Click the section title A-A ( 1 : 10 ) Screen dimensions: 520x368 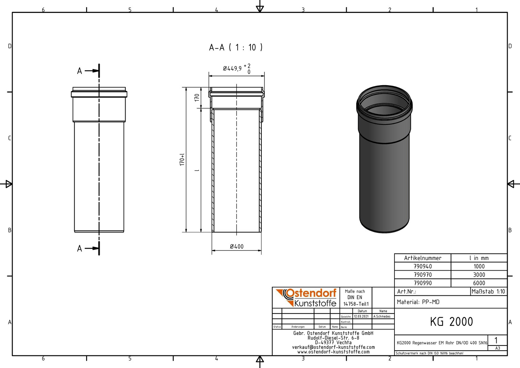[235, 47]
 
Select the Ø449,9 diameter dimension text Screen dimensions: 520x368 [232, 68]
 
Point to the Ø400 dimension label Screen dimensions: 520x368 [237, 246]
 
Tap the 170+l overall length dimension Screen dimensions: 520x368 [182, 159]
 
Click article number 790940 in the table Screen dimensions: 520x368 [423, 266]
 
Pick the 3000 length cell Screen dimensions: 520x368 [479, 275]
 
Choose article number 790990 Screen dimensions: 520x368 [423, 283]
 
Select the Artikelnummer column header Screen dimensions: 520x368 [423, 258]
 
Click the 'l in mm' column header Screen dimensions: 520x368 [479, 258]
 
